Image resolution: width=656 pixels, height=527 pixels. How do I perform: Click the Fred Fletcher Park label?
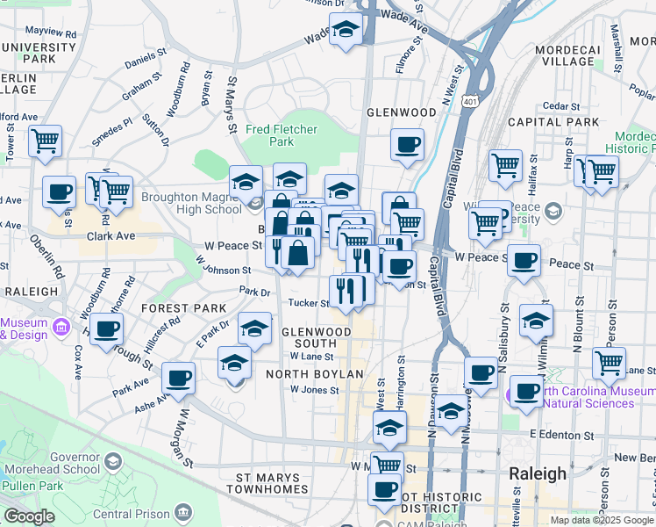281,134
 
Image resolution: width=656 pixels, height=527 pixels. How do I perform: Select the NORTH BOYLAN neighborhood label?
314,374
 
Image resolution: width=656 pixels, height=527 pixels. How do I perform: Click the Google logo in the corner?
29,516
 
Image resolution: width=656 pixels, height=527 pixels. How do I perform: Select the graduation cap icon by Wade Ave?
346,29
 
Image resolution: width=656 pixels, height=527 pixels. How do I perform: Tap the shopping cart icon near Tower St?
45,140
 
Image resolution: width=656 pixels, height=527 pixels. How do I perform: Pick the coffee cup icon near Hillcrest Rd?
107,330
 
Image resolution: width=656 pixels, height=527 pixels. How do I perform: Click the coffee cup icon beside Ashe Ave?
179,378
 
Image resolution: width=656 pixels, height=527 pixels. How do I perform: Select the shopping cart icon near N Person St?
609,361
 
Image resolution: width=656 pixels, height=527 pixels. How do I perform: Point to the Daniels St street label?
146,64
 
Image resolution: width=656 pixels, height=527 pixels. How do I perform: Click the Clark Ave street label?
111,236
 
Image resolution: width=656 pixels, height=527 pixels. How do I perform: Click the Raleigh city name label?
538,473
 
